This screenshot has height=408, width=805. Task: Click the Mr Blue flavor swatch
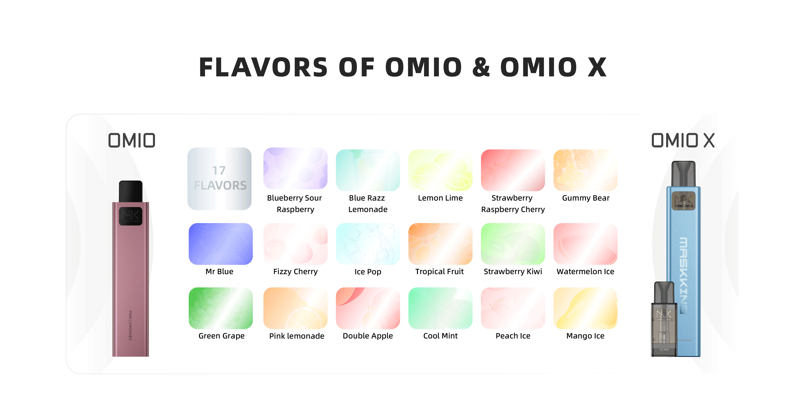[x=221, y=244]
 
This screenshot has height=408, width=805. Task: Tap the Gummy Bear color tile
[x=585, y=170]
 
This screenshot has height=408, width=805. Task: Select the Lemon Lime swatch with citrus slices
[x=440, y=170]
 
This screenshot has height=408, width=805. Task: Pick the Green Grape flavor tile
[x=221, y=308]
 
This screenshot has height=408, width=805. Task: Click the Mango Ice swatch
[x=585, y=308]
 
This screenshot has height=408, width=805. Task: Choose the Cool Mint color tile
[x=440, y=308]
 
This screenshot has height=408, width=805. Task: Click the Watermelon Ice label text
[x=585, y=272]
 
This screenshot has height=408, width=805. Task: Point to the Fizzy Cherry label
[x=295, y=272]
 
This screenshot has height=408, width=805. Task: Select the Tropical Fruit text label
[x=439, y=272]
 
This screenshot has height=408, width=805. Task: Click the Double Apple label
[x=368, y=336]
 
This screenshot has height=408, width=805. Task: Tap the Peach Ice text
[x=513, y=336]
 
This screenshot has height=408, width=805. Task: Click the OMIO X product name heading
[x=683, y=140]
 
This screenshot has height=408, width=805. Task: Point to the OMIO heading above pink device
[x=132, y=140]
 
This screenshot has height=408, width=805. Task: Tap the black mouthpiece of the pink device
[x=131, y=191]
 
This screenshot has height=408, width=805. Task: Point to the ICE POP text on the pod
[x=664, y=350]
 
